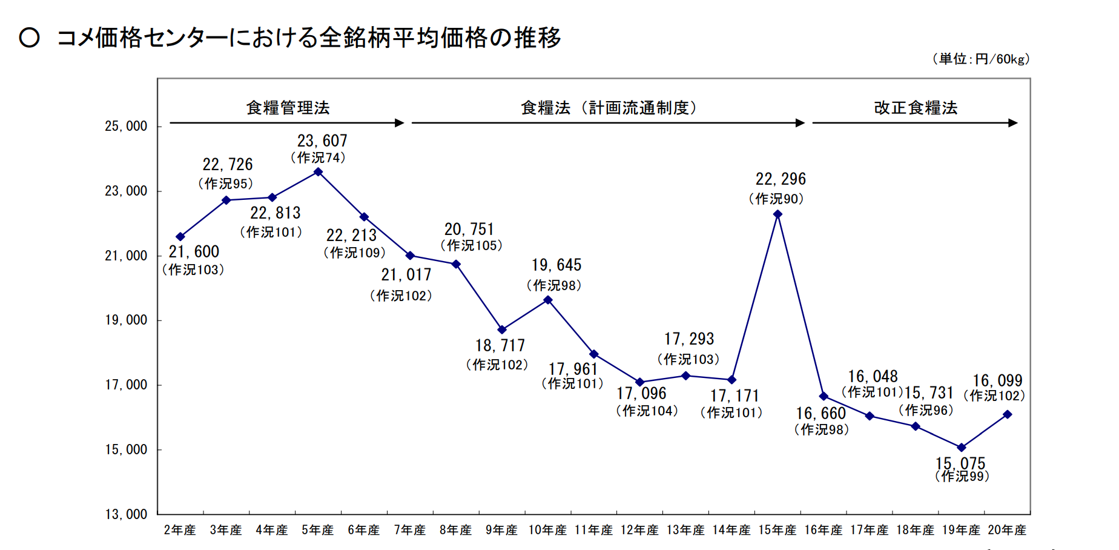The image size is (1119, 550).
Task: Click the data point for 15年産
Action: click(x=777, y=214)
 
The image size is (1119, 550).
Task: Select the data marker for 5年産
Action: click(x=318, y=172)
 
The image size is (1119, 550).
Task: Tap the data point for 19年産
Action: click(x=961, y=448)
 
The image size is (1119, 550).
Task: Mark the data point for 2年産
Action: click(x=180, y=237)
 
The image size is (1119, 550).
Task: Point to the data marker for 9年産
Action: click(x=502, y=330)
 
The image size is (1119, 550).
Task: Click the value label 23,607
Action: click(x=322, y=141)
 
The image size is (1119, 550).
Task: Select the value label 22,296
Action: click(x=781, y=179)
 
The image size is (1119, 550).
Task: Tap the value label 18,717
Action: click(x=500, y=346)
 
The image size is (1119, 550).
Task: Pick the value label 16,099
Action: click(x=997, y=380)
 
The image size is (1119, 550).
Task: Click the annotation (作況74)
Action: click(x=318, y=158)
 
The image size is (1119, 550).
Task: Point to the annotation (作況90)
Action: click(x=776, y=199)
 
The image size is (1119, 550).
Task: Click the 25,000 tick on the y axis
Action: click(x=126, y=127)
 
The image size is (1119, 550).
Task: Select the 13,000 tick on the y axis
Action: click(x=126, y=514)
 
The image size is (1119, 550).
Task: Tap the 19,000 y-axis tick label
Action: click(x=126, y=320)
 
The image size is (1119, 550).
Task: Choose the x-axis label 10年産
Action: click(x=547, y=531)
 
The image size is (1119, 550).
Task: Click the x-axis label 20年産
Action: click(x=1007, y=531)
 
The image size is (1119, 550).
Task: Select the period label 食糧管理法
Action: click(x=288, y=108)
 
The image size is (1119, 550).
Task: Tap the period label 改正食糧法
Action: click(x=916, y=108)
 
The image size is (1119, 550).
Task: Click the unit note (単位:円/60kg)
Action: click(x=981, y=59)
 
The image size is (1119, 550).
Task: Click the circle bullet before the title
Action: click(x=30, y=38)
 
